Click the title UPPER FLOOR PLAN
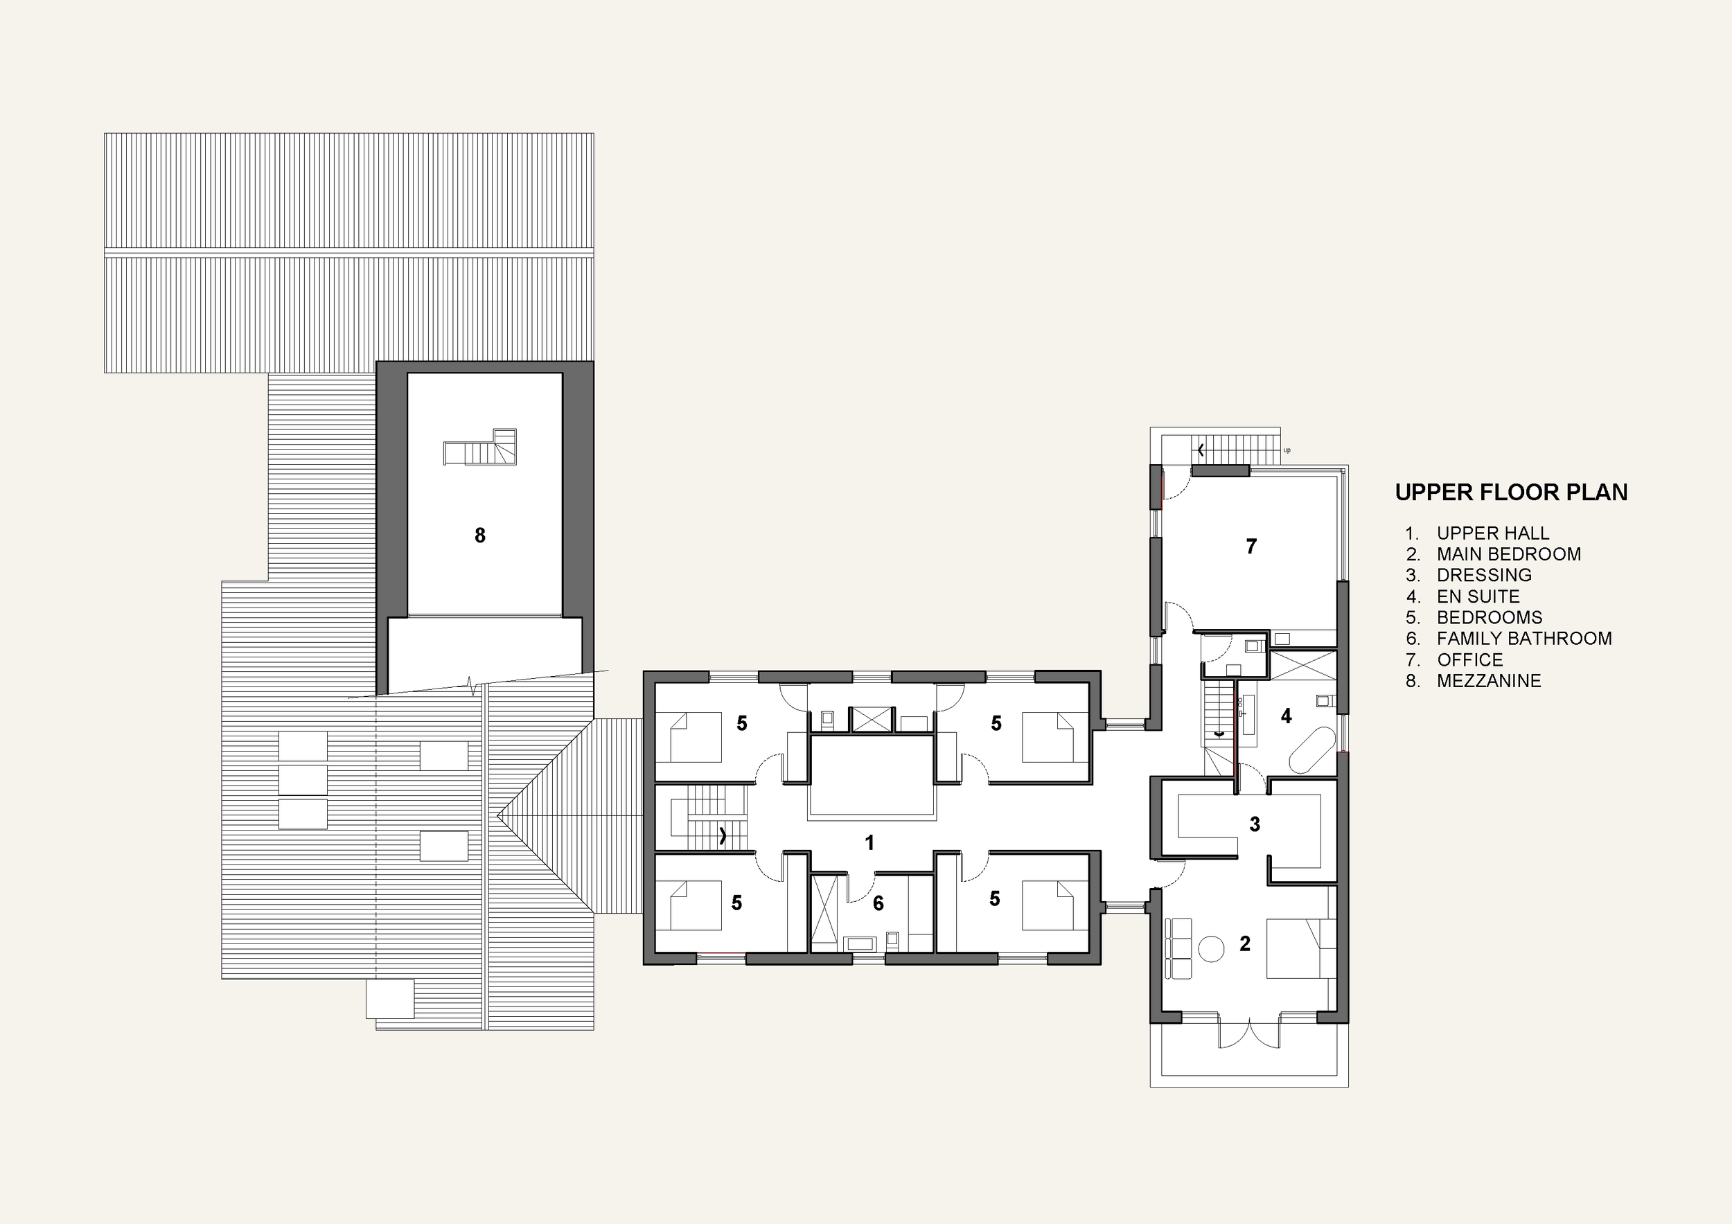click(x=1510, y=493)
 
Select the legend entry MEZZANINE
click(x=1488, y=681)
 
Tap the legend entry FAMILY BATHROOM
click(x=1523, y=639)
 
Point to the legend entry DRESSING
click(x=1484, y=576)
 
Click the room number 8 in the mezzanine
click(x=480, y=535)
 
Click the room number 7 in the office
click(x=1251, y=546)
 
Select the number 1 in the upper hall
click(x=869, y=843)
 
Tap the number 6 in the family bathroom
click(x=878, y=903)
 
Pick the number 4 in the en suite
click(x=1286, y=716)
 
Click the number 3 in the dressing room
click(x=1255, y=824)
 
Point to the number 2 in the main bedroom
click(x=1245, y=943)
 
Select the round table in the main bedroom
click(x=1212, y=948)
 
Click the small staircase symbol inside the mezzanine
click(x=481, y=448)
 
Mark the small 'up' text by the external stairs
click(x=1287, y=450)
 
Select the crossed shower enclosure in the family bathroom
click(x=824, y=912)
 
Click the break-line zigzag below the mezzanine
click(x=472, y=686)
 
